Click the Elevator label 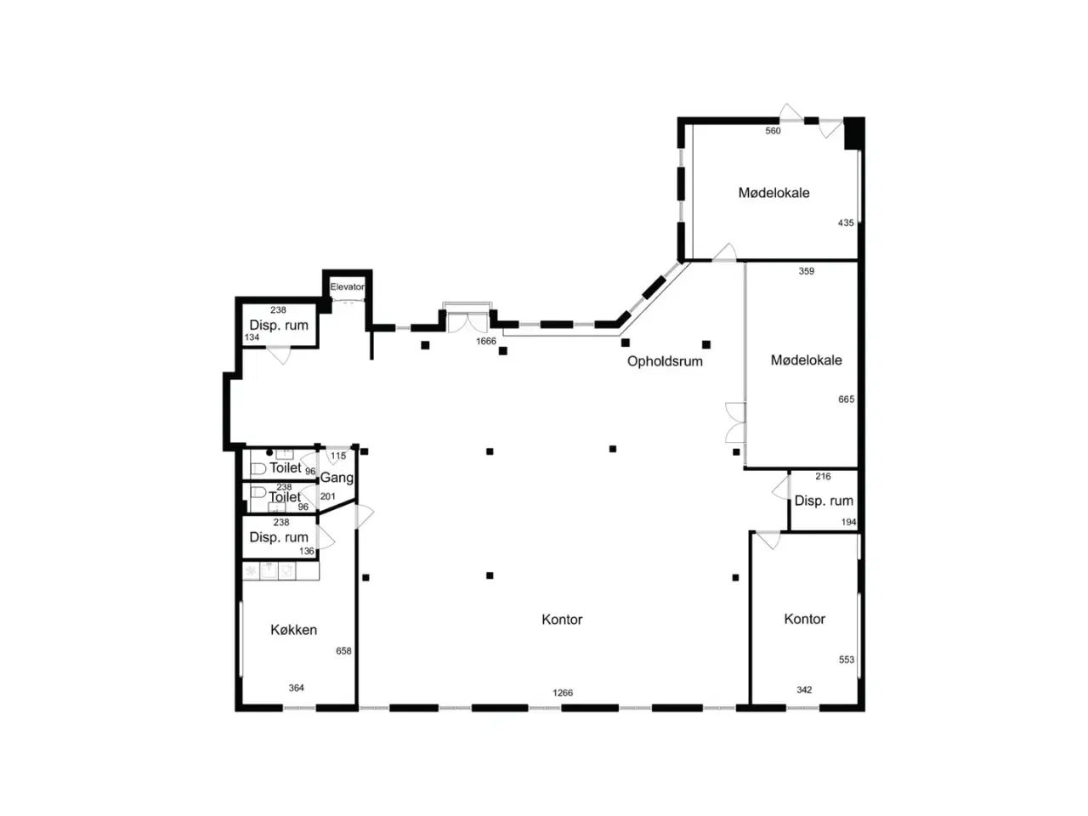tap(347, 286)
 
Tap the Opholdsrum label tap(664, 361)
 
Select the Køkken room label tap(293, 630)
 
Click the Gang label tap(337, 478)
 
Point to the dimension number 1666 tap(485, 341)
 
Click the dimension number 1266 tap(563, 693)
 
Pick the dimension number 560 tap(773, 131)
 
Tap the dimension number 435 tap(846, 223)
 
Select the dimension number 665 tap(846, 399)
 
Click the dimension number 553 tap(846, 660)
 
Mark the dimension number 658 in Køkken tap(343, 651)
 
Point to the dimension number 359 tap(807, 271)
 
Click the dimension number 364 tap(297, 688)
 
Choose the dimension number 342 tap(804, 689)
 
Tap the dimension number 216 tap(823, 476)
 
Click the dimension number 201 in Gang tap(327, 496)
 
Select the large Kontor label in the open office tap(562, 620)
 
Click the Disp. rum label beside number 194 tap(824, 501)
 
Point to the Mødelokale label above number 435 tap(773, 193)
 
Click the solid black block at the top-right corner tap(854, 133)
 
